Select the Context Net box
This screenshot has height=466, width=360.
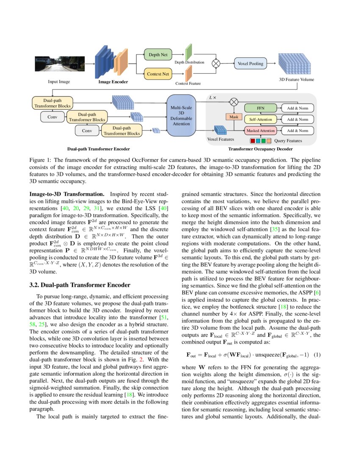pyautogui.click(x=158, y=74)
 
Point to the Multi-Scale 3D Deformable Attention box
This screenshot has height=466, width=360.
pyautogui.click(x=181, y=116)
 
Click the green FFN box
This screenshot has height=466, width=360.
pyautogui.click(x=260, y=108)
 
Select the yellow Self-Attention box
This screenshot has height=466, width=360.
pyautogui.click(x=260, y=119)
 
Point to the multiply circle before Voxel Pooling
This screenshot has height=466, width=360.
pyautogui.click(x=216, y=64)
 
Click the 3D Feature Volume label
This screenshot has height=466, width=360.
pyautogui.click(x=296, y=79)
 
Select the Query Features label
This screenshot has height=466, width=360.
pyautogui.click(x=288, y=141)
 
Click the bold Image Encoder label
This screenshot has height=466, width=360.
pyautogui.click(x=113, y=81)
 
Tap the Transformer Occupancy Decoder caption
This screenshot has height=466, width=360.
pyautogui.click(x=260, y=149)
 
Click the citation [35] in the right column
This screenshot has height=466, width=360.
pyautogui.click(x=274, y=229)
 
